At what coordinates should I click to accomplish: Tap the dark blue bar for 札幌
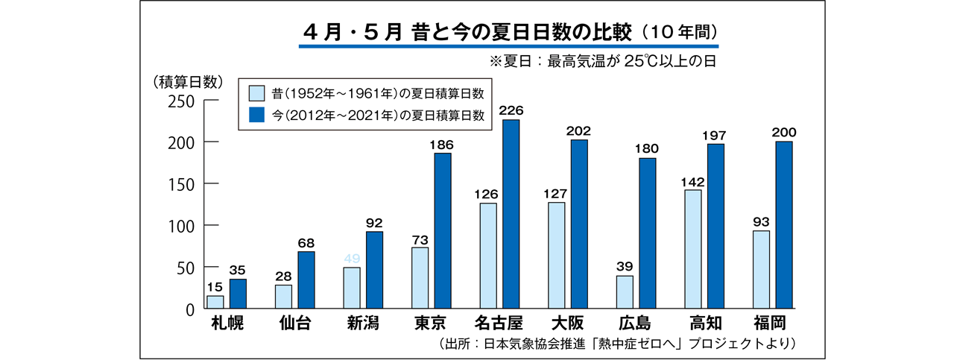pyautogui.click(x=238, y=294)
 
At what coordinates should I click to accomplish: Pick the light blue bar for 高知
pyautogui.click(x=692, y=249)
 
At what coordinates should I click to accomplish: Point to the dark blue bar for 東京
pyautogui.click(x=443, y=230)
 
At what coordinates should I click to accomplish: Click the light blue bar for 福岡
pyautogui.click(x=762, y=269)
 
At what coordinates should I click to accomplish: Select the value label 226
pyautogui.click(x=511, y=111)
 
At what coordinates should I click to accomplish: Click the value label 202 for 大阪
pyautogui.click(x=579, y=130)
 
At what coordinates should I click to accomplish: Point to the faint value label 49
pyautogui.click(x=352, y=258)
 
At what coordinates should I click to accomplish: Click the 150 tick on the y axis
pyautogui.click(x=182, y=183)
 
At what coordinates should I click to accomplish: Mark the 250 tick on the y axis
pyautogui.click(x=182, y=100)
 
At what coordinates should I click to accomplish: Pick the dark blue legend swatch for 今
pyautogui.click(x=256, y=115)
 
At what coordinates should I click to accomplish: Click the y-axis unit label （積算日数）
pyautogui.click(x=186, y=81)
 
